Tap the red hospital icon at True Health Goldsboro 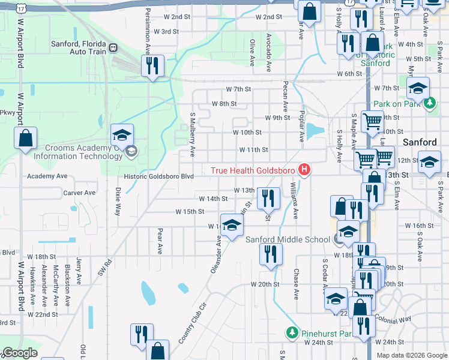tap(304, 170)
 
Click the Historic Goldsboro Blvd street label tap(158, 176)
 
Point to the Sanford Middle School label tap(288, 239)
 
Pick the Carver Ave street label tap(79, 193)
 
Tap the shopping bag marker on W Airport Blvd tap(26, 139)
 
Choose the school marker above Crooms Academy tap(122, 134)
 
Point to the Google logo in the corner tap(20, 353)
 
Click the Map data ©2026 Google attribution tap(412, 355)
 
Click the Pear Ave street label tap(160, 239)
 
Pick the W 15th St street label tap(190, 212)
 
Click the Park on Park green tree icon tap(429, 104)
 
